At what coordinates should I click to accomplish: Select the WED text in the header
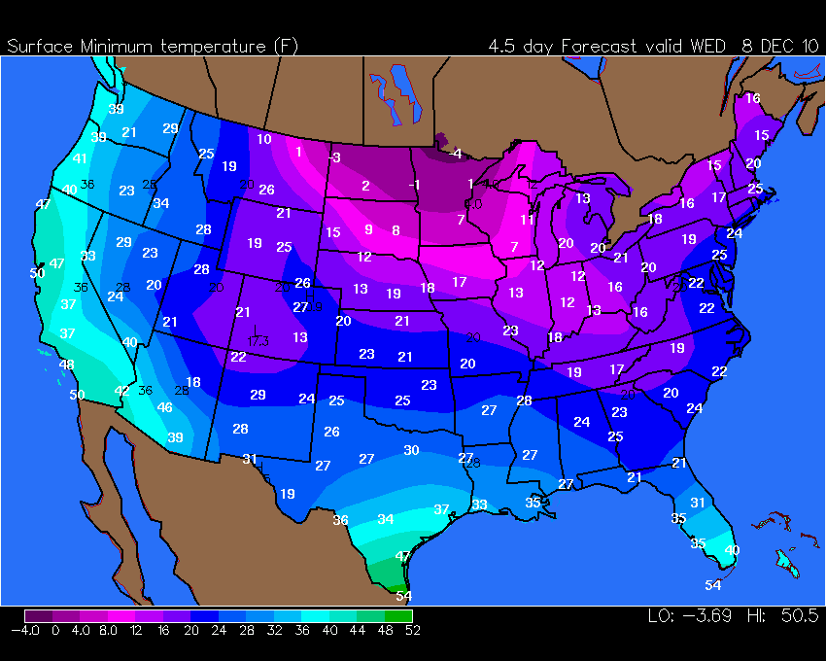click(711, 46)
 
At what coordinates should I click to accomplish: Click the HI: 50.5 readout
click(782, 616)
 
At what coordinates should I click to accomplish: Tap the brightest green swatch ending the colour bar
click(398, 615)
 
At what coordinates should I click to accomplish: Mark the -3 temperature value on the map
click(333, 157)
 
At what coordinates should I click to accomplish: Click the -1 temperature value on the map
click(414, 185)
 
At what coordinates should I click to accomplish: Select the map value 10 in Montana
click(264, 139)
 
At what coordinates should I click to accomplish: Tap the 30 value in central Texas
click(411, 450)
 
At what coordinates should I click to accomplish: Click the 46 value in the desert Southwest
click(164, 407)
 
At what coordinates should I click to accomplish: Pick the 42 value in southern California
click(122, 391)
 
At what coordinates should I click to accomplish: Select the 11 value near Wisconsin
click(527, 220)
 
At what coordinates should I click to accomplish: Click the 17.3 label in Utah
click(258, 341)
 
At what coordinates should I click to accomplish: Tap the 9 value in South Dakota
click(368, 229)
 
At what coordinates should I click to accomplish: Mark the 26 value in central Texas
click(331, 432)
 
